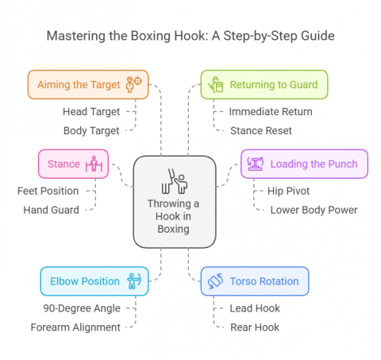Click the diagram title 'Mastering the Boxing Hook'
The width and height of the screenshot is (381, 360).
[190, 36]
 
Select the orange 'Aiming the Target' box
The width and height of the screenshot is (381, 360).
[87, 84]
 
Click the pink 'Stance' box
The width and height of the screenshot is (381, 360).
[73, 164]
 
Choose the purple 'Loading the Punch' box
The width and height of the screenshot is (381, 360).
[304, 164]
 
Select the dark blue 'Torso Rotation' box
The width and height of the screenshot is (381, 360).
[255, 281]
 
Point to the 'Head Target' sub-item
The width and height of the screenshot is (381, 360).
[91, 112]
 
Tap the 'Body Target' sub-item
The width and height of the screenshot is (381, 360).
[91, 130]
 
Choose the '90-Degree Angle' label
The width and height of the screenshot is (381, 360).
[82, 308]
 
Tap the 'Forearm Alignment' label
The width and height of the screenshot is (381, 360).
[76, 326]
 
